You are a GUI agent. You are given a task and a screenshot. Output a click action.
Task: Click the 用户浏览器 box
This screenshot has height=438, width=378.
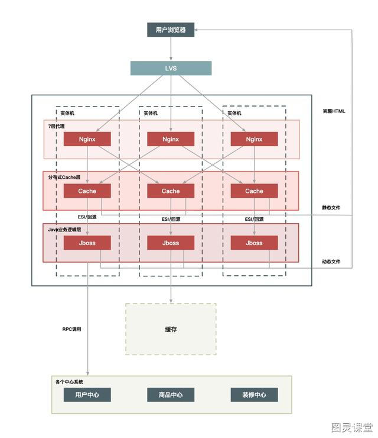171,30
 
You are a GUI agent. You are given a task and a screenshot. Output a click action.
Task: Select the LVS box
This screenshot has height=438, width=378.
171,68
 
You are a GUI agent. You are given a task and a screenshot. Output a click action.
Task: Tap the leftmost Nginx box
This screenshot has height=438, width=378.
87,139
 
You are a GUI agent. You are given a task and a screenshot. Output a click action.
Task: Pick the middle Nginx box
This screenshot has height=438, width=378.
171,139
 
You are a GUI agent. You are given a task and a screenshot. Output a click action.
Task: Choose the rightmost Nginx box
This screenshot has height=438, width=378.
254,139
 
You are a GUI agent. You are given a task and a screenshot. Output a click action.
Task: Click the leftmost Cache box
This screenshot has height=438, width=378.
87,191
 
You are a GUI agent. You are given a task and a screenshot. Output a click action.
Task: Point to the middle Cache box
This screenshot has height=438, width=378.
171,191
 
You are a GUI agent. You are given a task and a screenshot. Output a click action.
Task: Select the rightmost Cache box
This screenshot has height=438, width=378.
254,191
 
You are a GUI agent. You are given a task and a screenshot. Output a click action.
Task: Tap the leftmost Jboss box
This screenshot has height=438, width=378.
87,243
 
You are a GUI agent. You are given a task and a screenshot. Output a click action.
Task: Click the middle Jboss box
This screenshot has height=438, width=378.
171,243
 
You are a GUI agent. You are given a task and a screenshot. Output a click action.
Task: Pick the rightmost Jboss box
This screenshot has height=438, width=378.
254,243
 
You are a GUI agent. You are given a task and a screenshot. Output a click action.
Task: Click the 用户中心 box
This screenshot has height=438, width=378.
87,395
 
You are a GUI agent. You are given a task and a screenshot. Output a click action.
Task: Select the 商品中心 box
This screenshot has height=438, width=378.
171,395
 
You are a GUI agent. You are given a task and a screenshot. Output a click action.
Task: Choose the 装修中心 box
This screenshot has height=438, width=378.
254,395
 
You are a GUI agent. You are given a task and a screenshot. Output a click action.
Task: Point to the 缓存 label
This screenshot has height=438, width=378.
171,329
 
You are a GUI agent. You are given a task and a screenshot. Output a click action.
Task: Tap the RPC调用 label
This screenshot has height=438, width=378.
71,329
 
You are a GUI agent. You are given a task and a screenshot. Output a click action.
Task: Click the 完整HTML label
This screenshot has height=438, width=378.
334,111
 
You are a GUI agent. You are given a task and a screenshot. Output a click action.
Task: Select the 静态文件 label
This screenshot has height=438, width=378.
331,208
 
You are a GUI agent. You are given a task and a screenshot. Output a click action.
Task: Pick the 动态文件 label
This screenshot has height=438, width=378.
331,262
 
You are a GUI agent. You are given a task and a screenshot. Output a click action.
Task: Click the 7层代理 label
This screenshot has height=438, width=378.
56,126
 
